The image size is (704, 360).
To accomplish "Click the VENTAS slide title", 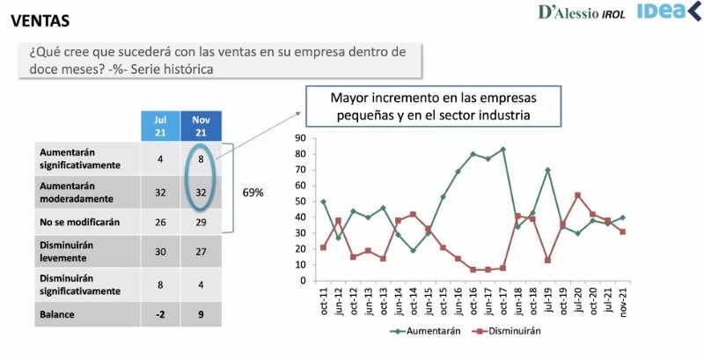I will [x=41, y=18].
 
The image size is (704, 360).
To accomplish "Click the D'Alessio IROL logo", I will [x=580, y=13].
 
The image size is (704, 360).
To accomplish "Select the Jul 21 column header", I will [x=159, y=125].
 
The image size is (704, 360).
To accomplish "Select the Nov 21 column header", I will [x=201, y=125].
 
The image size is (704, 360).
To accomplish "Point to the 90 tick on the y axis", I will [x=299, y=137].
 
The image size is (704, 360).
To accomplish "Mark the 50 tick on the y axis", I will [x=299, y=201].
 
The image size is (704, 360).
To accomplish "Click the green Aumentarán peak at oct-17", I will [x=504, y=149].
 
